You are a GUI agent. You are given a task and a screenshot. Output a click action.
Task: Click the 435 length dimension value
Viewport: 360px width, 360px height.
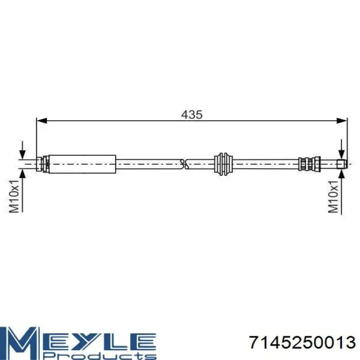[192, 115]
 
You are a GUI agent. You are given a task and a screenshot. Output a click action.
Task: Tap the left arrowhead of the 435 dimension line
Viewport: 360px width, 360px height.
[42, 120]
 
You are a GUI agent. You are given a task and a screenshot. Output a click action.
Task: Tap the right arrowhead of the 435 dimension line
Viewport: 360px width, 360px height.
[342, 120]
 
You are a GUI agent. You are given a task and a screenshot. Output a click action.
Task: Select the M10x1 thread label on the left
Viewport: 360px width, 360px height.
[14, 196]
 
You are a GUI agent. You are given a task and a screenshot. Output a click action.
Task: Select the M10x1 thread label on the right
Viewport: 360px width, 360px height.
[333, 196]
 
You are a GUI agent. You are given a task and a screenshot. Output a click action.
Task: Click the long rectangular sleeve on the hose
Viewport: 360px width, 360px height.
[82, 164]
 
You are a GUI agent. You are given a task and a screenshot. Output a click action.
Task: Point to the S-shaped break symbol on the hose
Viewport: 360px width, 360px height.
[184, 164]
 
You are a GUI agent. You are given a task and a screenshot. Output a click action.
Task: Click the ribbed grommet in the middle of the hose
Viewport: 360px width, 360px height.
[223, 164]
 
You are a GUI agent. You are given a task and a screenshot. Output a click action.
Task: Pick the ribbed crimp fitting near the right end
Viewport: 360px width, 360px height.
[309, 164]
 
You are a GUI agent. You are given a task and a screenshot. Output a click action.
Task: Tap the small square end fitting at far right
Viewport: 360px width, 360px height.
[341, 164]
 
